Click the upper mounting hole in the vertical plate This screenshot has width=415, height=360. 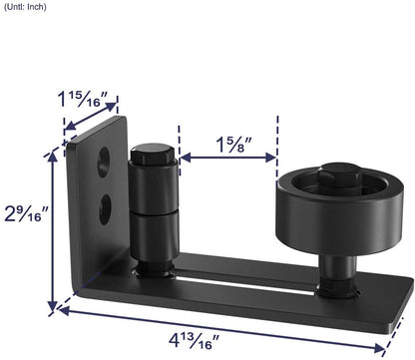click(102, 159)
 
